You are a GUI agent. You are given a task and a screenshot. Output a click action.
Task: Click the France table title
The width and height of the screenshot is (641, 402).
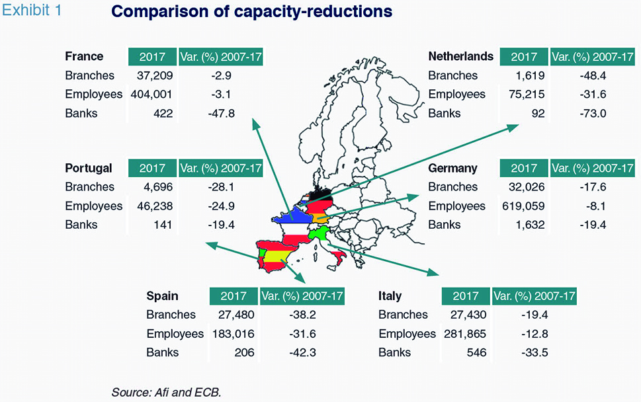coord(84,56)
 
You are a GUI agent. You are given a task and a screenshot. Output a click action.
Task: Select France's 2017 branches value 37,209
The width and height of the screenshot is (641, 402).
coord(155,75)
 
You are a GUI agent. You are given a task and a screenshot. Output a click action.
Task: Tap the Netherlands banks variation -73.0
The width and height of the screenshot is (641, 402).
coord(593,113)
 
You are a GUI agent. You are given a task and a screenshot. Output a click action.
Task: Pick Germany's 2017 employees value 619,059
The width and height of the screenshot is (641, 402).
coord(523,206)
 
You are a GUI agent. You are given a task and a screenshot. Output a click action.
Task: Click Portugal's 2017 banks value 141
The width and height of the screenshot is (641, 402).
coord(163,225)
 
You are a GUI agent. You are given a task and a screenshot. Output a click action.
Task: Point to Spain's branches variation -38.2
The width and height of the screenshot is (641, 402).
coord(302,315)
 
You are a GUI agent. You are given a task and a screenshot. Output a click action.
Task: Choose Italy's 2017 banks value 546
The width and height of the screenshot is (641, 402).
coord(477,352)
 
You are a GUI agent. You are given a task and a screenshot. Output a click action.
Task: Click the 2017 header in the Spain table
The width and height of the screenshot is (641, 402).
coord(234,296)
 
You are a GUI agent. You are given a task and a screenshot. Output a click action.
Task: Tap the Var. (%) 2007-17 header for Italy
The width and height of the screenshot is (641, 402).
coord(534,296)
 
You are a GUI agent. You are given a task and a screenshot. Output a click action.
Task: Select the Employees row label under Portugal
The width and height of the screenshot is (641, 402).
coord(94,206)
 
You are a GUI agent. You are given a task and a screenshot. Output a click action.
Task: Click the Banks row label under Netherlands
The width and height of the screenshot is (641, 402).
coord(445,113)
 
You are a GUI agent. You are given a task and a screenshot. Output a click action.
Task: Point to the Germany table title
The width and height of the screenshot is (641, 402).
coord(452,169)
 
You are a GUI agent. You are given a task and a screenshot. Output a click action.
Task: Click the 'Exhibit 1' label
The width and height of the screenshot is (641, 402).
coord(32,10)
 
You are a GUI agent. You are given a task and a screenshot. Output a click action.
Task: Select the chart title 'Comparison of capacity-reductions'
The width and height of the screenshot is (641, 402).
coord(252,11)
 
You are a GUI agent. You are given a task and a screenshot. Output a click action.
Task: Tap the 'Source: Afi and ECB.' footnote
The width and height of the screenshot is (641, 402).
coord(166,392)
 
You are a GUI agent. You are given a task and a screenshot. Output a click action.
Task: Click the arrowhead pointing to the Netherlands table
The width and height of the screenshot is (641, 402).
coord(513,128)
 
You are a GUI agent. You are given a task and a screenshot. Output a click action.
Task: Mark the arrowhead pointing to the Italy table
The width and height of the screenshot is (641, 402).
coord(433,272)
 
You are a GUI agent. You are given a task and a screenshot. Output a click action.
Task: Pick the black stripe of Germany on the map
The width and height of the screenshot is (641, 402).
coord(321,195)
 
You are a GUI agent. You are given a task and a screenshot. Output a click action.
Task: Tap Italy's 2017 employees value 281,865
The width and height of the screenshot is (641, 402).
coord(465,334)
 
